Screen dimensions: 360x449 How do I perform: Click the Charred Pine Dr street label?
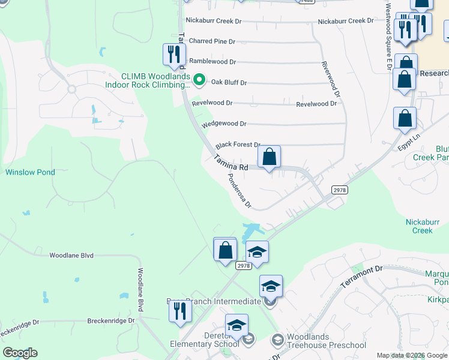(x=212, y=41)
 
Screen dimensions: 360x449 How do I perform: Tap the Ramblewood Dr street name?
(x=212, y=61)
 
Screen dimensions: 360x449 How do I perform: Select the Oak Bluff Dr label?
(x=227, y=82)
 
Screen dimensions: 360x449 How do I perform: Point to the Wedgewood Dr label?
(x=224, y=124)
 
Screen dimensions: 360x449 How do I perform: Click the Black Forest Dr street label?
(x=238, y=145)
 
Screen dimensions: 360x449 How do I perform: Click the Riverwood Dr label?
(x=331, y=79)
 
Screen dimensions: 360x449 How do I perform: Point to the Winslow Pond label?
(x=30, y=172)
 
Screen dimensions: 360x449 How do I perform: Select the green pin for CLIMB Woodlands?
(x=200, y=79)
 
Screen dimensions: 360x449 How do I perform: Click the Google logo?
(x=20, y=353)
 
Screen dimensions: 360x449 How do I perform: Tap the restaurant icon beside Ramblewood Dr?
(x=173, y=55)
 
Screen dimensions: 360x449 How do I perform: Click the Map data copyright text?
(x=412, y=356)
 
